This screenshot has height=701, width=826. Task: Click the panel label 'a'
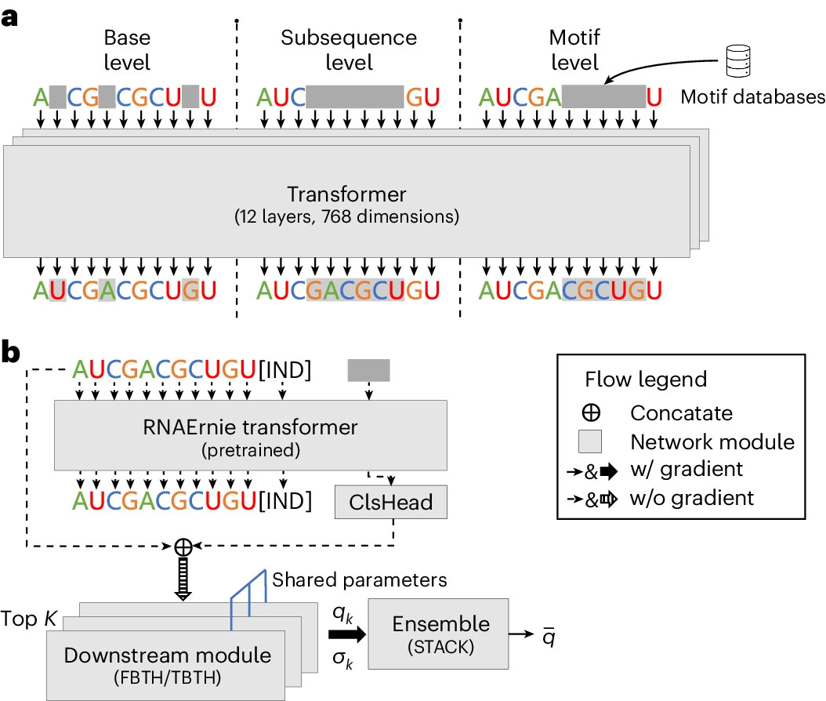point(11,16)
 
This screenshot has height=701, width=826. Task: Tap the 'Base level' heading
point(126,49)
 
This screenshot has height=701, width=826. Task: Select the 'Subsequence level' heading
point(348,49)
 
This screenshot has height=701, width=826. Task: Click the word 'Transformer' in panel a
point(346,194)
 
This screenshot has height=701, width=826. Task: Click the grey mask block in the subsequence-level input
point(355,97)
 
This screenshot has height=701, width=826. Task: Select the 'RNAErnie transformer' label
point(249,427)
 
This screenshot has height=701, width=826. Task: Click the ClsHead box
point(390,502)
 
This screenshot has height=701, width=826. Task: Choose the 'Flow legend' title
point(646,380)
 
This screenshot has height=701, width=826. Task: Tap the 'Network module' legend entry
point(712,441)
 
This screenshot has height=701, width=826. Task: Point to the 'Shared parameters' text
point(360,580)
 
